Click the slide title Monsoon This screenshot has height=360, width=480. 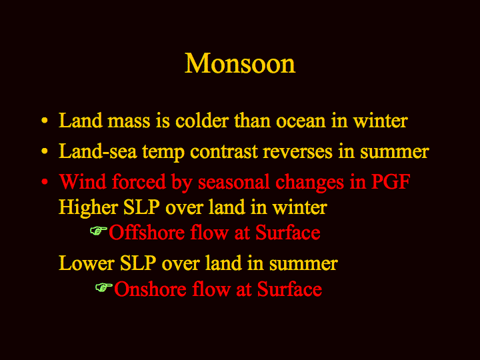pyautogui.click(x=240, y=63)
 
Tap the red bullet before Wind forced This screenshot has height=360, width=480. pyautogui.click(x=45, y=182)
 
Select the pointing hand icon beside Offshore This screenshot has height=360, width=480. pyautogui.click(x=99, y=231)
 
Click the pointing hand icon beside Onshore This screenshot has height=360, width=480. pyautogui.click(x=104, y=287)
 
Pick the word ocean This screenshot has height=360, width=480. pyautogui.click(x=301, y=121)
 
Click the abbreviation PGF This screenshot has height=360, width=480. pyautogui.click(x=391, y=181)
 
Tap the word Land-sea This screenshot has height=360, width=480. pyautogui.click(x=97, y=151)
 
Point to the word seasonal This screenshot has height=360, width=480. pyautogui.click(x=233, y=181)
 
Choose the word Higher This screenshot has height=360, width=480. pyautogui.click(x=89, y=208)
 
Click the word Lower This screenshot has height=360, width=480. pyautogui.click(x=87, y=263)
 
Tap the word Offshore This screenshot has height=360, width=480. pyautogui.click(x=147, y=232)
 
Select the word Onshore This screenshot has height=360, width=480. pyautogui.click(x=150, y=289)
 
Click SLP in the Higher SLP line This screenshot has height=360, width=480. pyautogui.click(x=142, y=207)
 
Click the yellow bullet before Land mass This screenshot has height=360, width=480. pyautogui.click(x=45, y=120)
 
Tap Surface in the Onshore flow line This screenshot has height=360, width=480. pyautogui.click(x=289, y=289)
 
